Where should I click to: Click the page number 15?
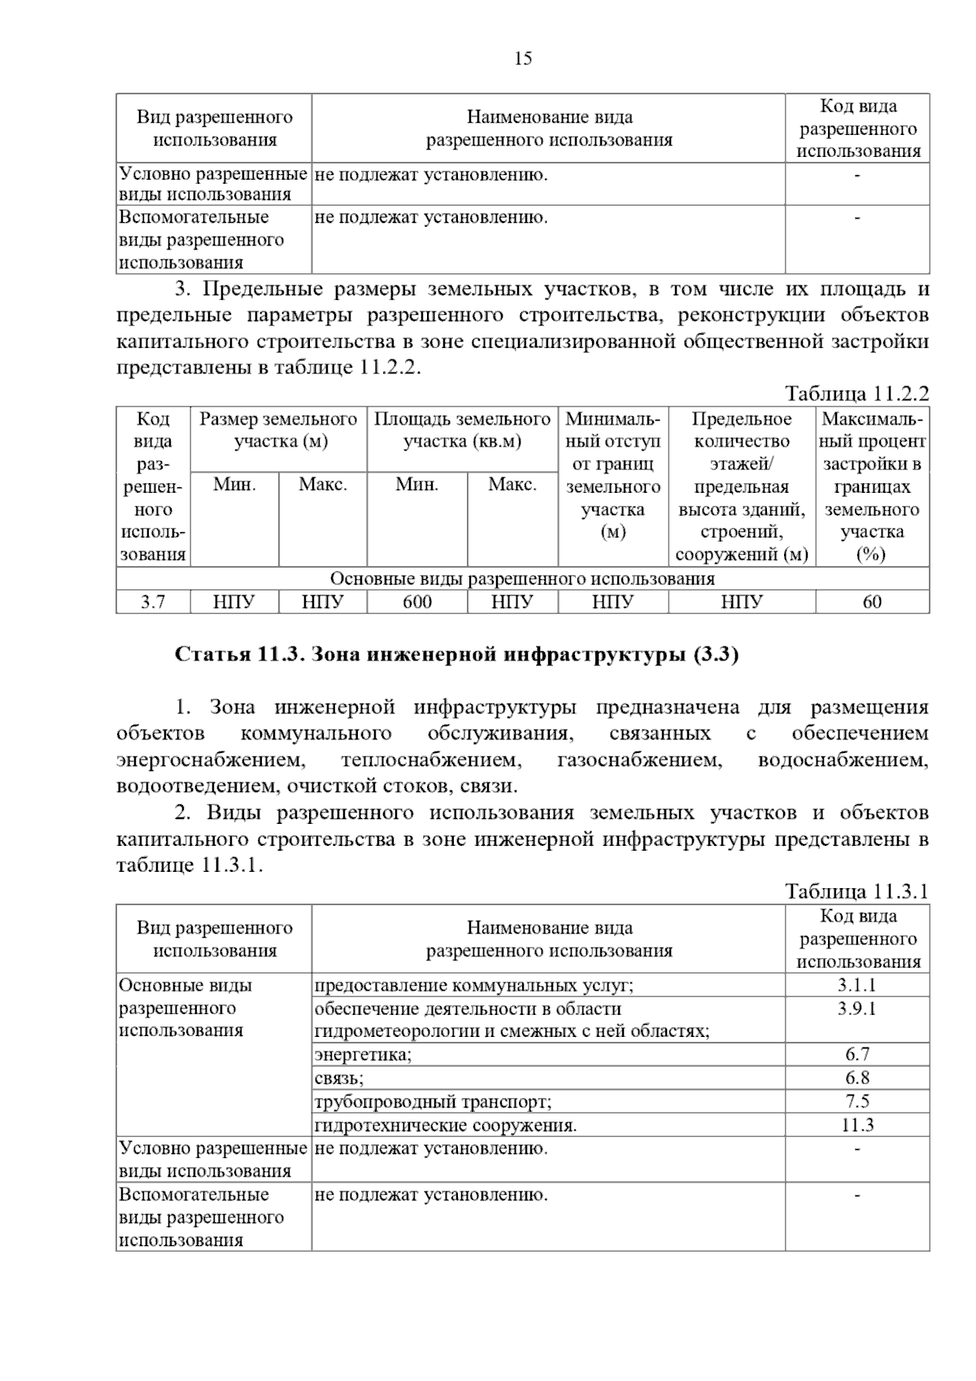tap(523, 59)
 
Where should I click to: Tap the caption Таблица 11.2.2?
tap(856, 394)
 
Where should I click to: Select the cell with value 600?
tap(417, 602)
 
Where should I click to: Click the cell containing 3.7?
tap(153, 602)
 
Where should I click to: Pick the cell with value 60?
tap(872, 602)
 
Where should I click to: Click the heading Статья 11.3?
tap(456, 655)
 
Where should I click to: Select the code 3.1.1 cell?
tap(857, 985)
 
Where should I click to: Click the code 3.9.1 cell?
tap(857, 1009)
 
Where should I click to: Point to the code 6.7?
tap(857, 1055)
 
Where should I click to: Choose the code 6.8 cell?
tap(857, 1078)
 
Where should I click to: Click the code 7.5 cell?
tap(857, 1102)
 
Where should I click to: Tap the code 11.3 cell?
tap(857, 1126)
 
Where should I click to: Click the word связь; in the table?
tap(339, 1078)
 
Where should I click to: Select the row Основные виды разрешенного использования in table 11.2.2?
tap(522, 579)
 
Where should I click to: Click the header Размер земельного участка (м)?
tap(278, 431)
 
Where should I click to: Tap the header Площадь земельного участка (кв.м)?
tap(462, 431)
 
